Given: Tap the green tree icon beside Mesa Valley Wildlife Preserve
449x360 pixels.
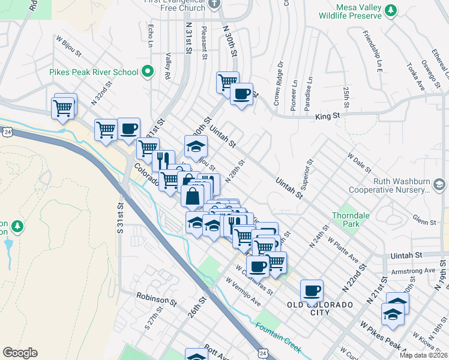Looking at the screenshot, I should tap(391, 10).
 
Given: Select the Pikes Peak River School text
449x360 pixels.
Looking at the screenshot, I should tap(94, 73).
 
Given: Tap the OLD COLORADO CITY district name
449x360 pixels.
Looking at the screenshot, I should tap(320, 305).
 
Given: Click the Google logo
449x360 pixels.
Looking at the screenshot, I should tap(20, 353).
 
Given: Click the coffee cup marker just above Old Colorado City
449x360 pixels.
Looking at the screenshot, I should tap(312, 291).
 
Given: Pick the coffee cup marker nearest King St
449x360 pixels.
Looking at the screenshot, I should tap(241, 94).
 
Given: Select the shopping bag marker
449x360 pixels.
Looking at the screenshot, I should tap(193, 196).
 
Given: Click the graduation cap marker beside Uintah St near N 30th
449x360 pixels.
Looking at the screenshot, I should tap(196, 146).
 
